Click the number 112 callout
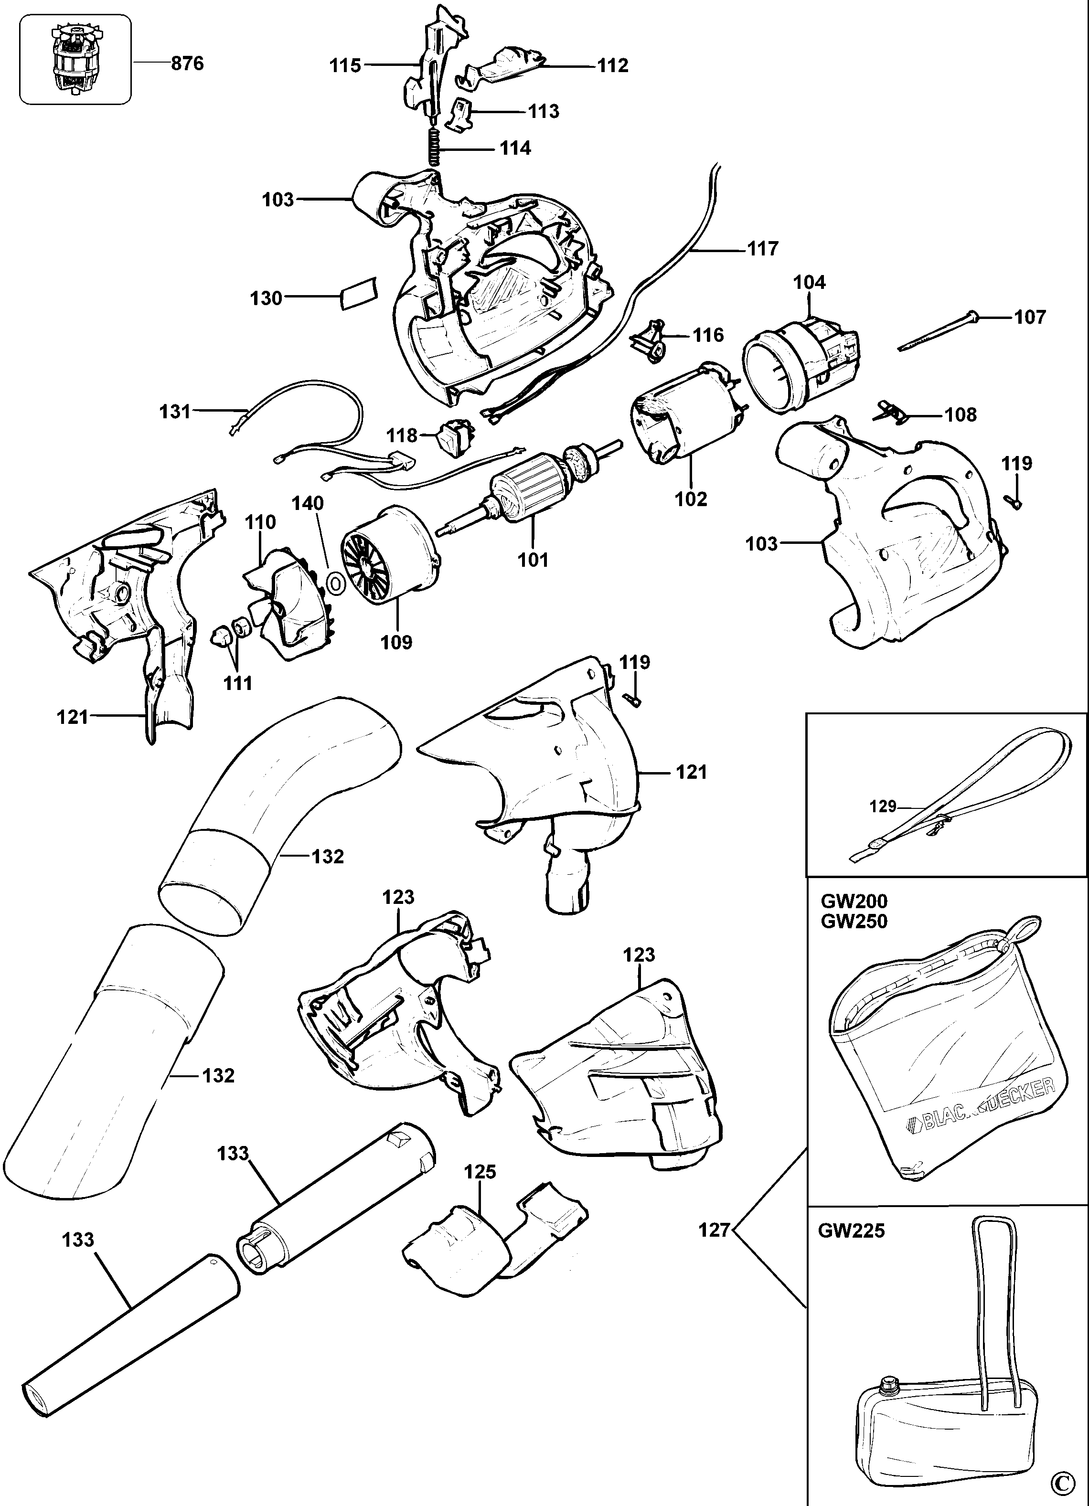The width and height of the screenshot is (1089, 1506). tap(612, 66)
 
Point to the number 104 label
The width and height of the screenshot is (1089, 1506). tap(810, 283)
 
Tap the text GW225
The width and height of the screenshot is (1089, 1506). tap(851, 1230)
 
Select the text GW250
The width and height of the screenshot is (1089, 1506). tap(854, 921)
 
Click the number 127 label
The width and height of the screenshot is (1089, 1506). tap(715, 1230)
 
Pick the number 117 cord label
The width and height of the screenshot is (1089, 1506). tap(762, 249)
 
